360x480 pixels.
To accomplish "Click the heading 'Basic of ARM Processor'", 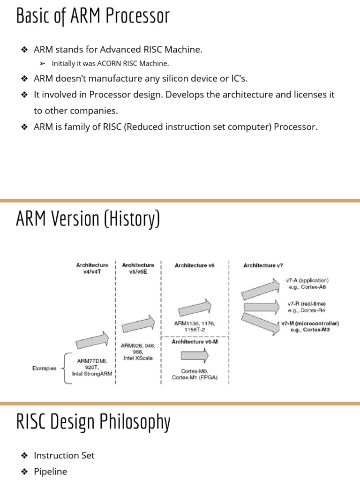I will [92, 16].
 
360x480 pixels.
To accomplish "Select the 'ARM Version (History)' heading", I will [88, 219].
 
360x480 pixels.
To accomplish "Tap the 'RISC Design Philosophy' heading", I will [93, 421].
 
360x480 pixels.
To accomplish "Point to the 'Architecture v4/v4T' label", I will [92, 268].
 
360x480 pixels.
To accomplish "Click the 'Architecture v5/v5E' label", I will [138, 268].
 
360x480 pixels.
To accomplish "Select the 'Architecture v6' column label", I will [194, 265].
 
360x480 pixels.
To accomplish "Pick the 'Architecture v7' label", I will [263, 265].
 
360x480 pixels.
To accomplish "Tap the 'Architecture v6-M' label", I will [194, 342].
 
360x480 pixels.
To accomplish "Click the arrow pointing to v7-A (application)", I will [260, 288].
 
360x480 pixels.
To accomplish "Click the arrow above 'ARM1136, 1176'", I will [194, 308].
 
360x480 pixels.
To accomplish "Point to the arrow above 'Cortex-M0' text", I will [194, 356].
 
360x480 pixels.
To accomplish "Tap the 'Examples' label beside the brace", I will [45, 368].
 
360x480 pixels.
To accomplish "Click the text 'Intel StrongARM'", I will [92, 374].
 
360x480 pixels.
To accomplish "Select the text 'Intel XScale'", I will [138, 358].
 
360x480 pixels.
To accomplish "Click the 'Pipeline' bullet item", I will [51, 472].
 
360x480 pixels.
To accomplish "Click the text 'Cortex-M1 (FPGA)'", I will [195, 377].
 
